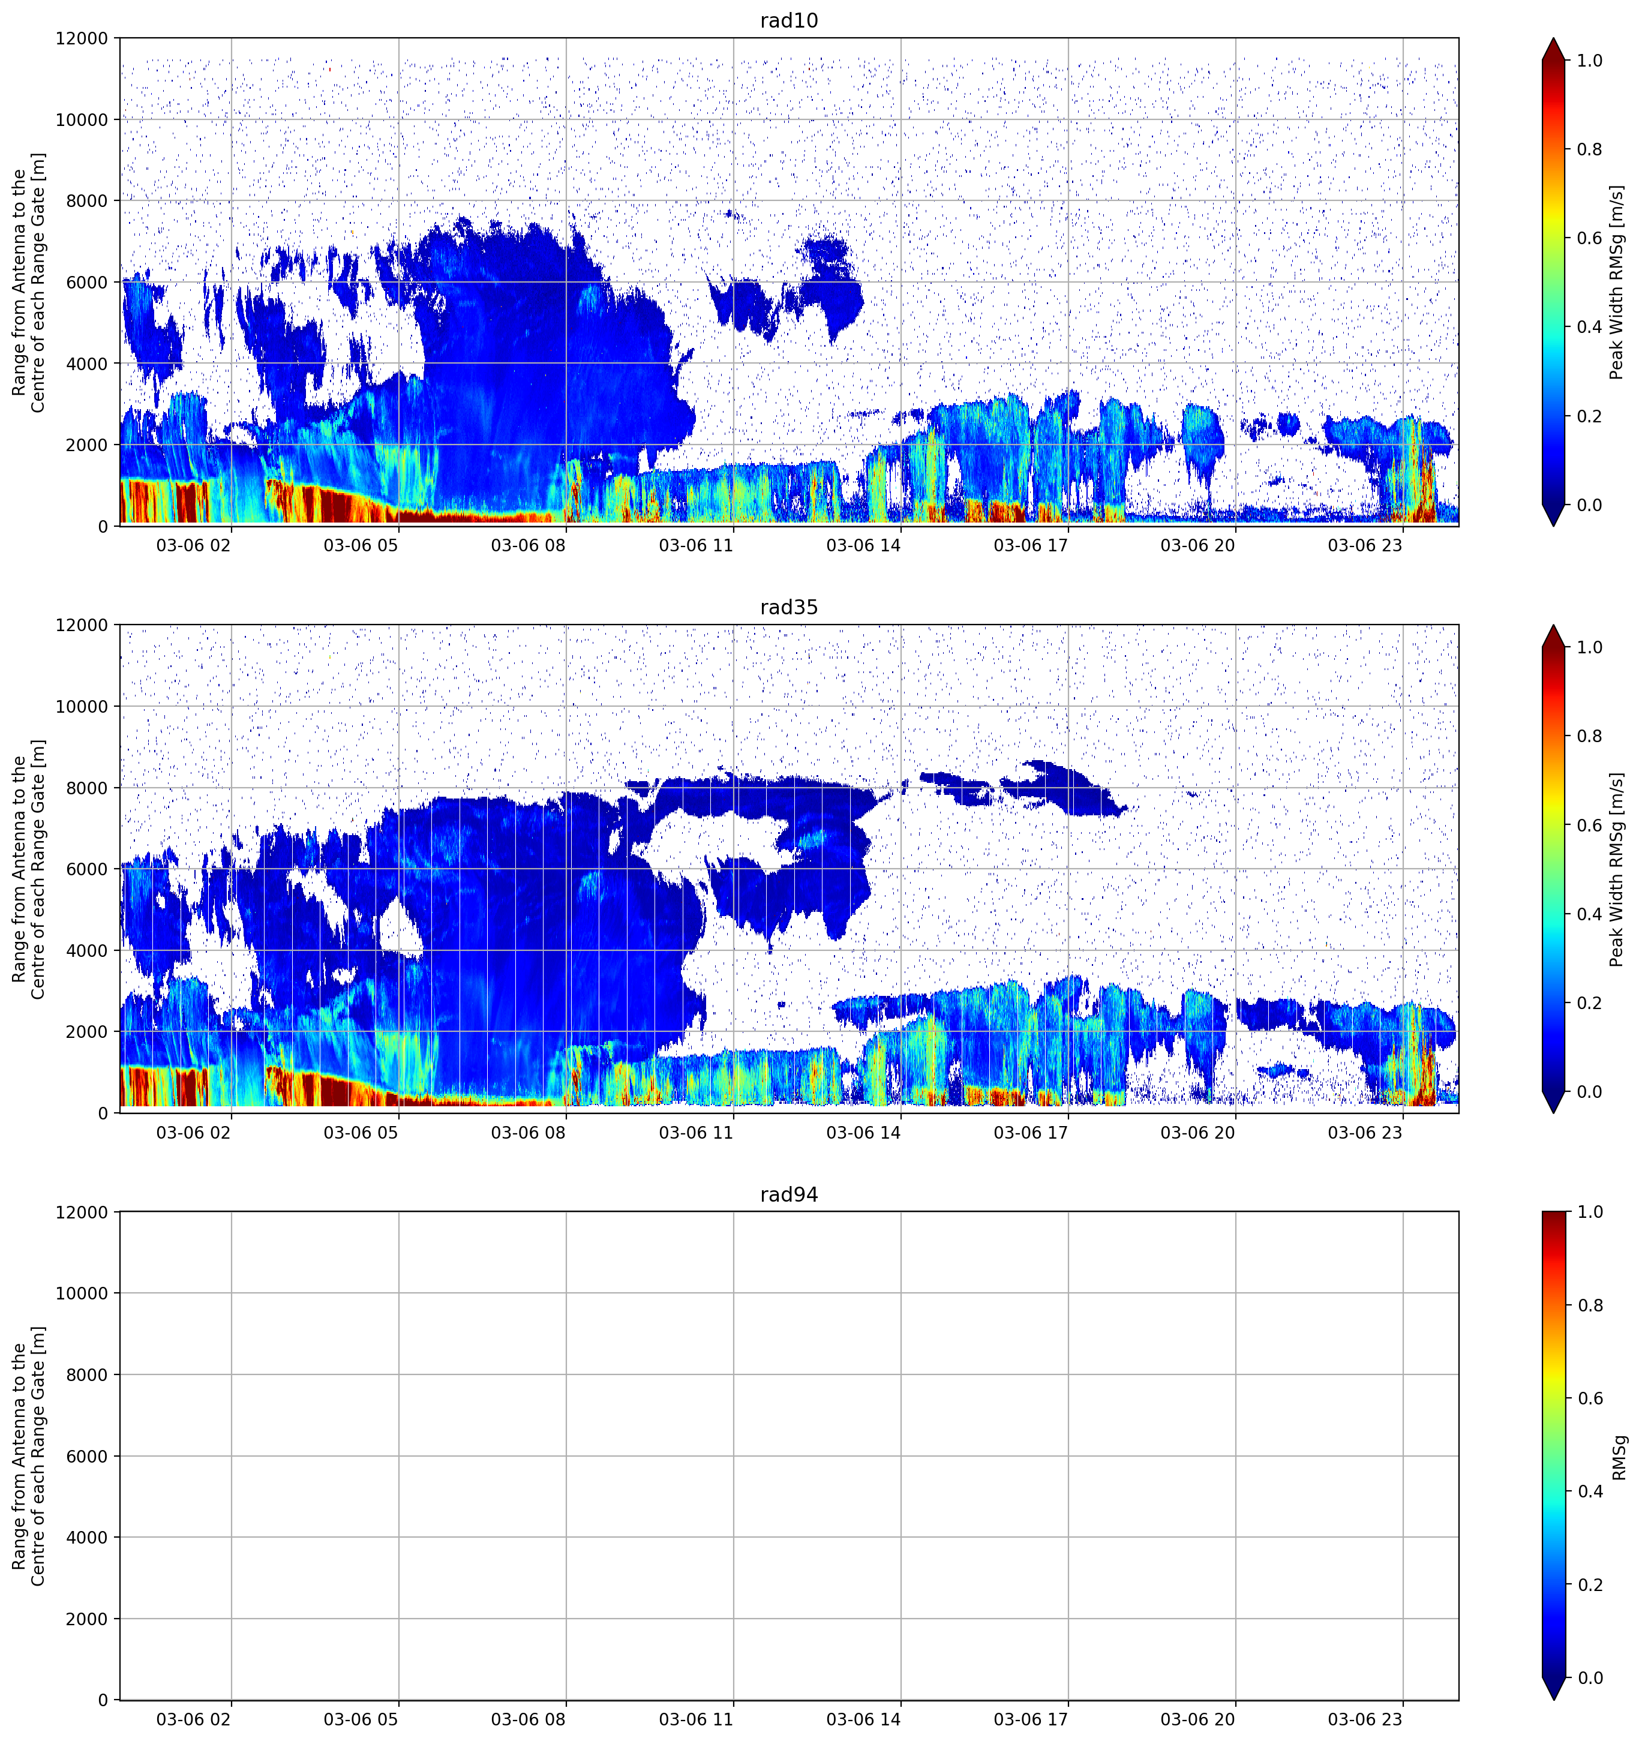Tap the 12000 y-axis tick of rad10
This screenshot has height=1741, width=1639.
(82, 38)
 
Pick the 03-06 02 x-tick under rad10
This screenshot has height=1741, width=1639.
(194, 545)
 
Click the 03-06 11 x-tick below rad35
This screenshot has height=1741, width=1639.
(696, 1132)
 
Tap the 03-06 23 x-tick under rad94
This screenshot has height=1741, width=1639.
(1365, 1719)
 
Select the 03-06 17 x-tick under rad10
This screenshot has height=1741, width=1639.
(1031, 545)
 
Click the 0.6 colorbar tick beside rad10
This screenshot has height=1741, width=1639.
(1590, 238)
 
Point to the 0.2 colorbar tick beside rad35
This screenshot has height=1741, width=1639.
(1590, 1002)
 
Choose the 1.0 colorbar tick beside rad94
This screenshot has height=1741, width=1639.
(1590, 1212)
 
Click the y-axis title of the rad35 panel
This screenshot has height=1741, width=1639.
(28, 869)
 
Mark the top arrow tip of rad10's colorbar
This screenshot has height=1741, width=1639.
(1553, 38)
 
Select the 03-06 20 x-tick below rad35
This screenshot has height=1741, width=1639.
(1197, 1132)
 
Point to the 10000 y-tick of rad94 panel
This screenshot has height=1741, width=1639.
(82, 1293)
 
